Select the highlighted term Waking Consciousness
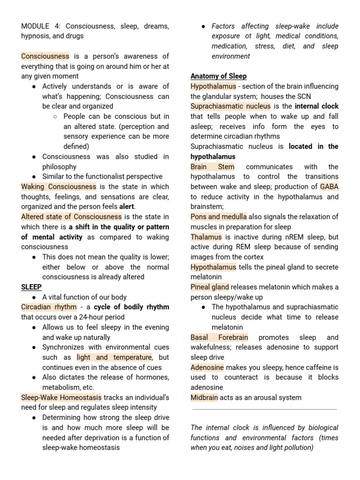59,187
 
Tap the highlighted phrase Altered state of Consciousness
71,217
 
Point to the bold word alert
127,207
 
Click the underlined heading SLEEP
31,287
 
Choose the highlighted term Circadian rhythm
49,307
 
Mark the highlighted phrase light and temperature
114,358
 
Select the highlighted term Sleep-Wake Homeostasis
62,397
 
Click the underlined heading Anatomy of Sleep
218,76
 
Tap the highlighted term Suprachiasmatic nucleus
230,106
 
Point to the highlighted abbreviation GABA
329,187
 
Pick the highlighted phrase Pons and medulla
218,217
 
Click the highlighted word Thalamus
207,237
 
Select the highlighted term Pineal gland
210,287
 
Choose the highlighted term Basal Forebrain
219,337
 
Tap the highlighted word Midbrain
204,397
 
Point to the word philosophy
59,166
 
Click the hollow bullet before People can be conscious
55,116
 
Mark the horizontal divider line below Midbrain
264,409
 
